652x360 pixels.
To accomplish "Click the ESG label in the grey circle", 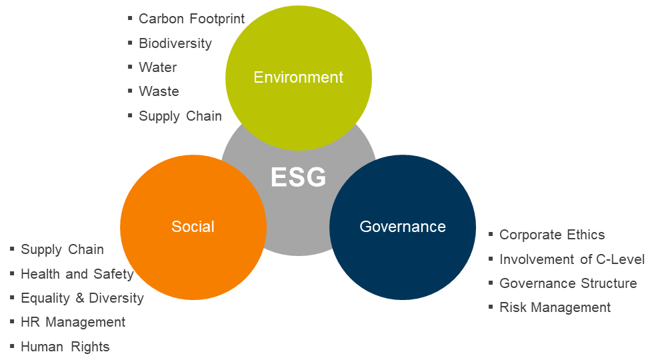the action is [x=298, y=177].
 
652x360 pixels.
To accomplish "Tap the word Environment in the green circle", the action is [x=299, y=77].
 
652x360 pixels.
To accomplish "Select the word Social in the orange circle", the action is [x=193, y=227].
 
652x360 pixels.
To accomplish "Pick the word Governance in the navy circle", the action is [x=403, y=227].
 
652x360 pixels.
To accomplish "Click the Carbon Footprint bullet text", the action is [x=192, y=19].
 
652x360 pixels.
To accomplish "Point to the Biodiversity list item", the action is [x=175, y=43].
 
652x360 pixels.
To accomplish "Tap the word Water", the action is [x=157, y=67].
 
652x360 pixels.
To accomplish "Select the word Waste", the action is [x=159, y=91].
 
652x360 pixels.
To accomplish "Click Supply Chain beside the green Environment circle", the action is [x=180, y=116].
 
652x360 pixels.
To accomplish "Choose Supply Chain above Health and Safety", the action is [x=63, y=249].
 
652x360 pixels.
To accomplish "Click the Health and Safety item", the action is [x=77, y=274].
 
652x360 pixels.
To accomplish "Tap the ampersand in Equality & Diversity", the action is [x=79, y=298].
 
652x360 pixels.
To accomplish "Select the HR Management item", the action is [x=73, y=322].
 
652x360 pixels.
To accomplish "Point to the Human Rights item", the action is [x=65, y=347].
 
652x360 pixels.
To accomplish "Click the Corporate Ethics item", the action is [x=552, y=235].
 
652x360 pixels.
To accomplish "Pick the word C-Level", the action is [x=621, y=259].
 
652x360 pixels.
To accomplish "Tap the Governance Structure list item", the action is [x=568, y=283].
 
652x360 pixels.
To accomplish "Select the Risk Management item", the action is [x=555, y=307].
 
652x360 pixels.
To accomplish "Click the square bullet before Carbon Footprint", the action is [x=130, y=18].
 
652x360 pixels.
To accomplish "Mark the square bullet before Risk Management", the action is [x=491, y=307].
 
